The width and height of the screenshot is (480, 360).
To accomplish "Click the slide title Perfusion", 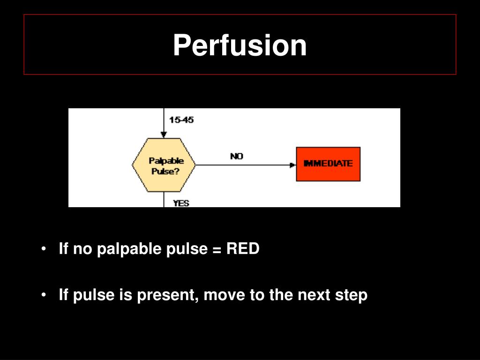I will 240,45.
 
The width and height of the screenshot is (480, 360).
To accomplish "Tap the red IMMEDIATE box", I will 328,164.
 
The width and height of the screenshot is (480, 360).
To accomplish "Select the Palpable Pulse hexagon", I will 164,165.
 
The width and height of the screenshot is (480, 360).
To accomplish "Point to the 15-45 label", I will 181,120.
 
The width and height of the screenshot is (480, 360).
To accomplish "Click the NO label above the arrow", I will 237,157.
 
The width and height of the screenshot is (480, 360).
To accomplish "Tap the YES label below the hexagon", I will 181,203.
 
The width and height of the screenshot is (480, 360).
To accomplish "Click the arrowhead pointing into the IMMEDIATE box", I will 293,165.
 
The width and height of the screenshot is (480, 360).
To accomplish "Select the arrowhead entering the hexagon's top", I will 164,135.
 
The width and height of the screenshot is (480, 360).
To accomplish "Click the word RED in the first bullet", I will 243,249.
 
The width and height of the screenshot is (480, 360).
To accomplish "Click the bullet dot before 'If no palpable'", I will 44,249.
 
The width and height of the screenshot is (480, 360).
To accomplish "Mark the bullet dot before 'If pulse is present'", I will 44,295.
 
